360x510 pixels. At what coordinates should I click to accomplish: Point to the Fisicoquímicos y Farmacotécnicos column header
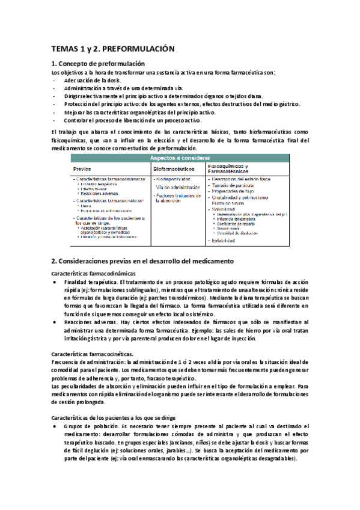pos(231,168)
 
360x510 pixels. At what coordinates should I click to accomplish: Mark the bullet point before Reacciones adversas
pos(55,323)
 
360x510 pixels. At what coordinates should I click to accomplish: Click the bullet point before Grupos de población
pos(55,425)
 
